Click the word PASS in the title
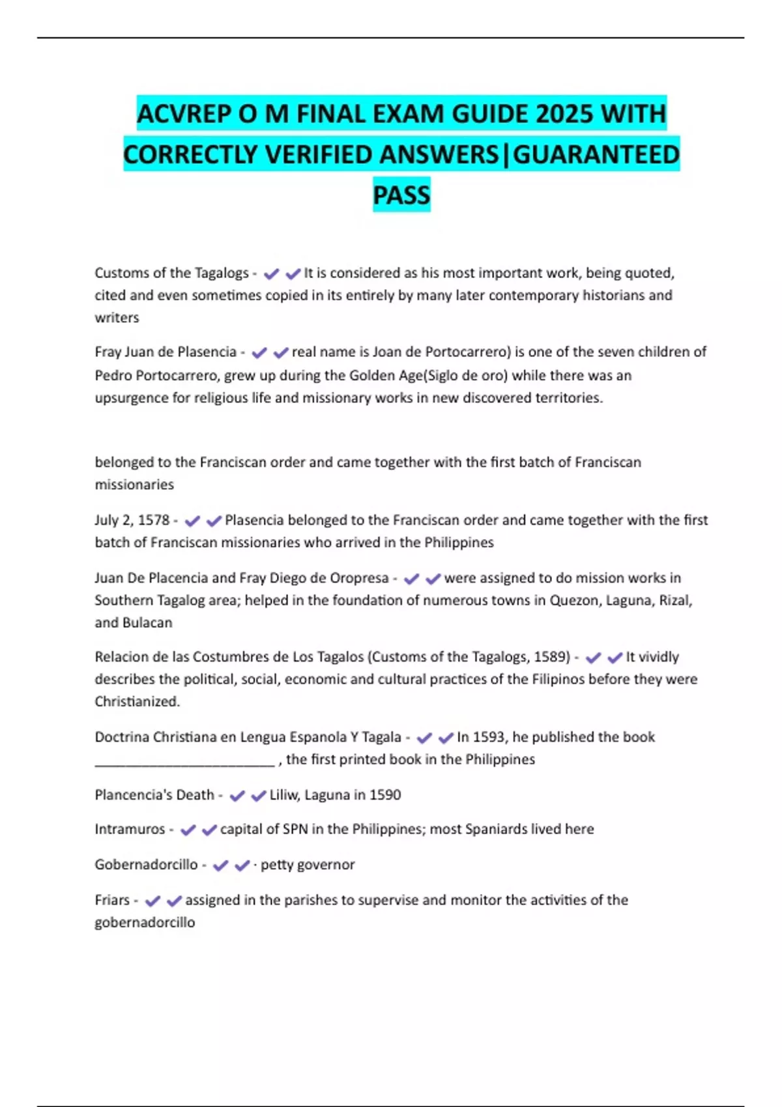pyautogui.click(x=401, y=195)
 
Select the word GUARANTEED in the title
pyautogui.click(x=596, y=154)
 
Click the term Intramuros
pyautogui.click(x=130, y=829)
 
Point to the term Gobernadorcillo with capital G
pyautogui.click(x=146, y=864)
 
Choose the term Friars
pyautogui.click(x=112, y=900)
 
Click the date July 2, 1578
pyautogui.click(x=132, y=520)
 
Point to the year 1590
pyautogui.click(x=385, y=794)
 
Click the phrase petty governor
pyautogui.click(x=308, y=864)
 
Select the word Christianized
pyautogui.click(x=137, y=701)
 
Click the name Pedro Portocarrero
pyautogui.click(x=156, y=375)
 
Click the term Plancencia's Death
pyautogui.click(x=154, y=794)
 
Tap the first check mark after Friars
pyautogui.click(x=152, y=901)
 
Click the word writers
pyautogui.click(x=117, y=318)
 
